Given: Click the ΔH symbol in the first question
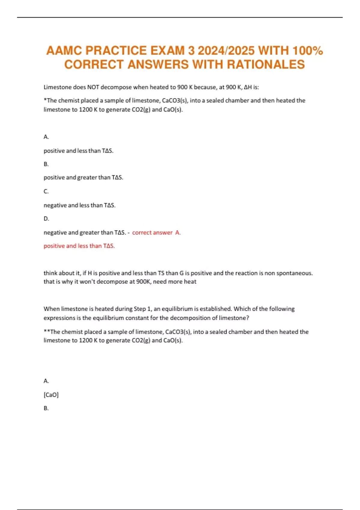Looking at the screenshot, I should point(247,87).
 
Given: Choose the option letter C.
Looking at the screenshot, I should point(46,191).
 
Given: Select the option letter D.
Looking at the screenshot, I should point(46,219).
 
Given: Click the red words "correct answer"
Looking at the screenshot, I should point(152,232).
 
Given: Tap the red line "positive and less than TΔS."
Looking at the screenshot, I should point(79,246).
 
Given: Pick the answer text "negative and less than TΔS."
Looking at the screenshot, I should point(79,205).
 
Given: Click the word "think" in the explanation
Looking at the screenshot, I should point(50,273).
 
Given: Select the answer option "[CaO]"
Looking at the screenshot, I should point(51,395).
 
